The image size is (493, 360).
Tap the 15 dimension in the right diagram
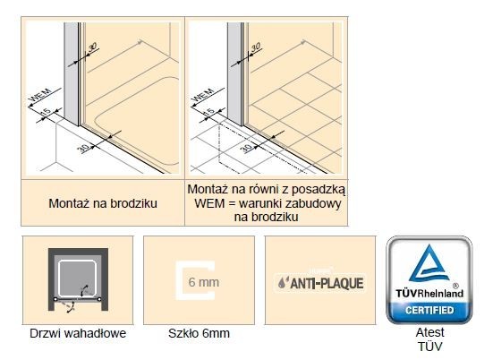pos(209,111)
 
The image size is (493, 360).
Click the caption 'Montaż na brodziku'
pos(103,203)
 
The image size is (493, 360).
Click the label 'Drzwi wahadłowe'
pos(77,334)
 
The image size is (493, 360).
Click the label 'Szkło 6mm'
pos(200,334)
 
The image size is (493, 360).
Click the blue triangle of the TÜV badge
pos(429,265)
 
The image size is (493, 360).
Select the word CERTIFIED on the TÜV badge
pos(429,310)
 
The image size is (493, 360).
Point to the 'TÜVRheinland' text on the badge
pos(429,293)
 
